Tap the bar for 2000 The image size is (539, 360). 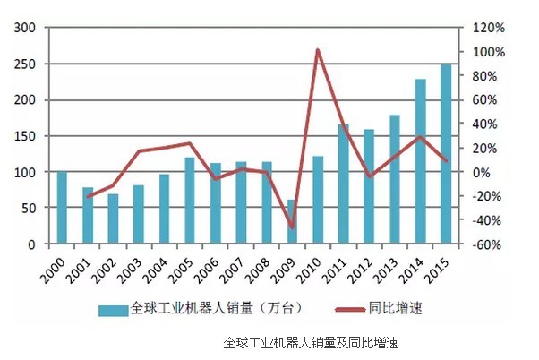(x=62, y=208)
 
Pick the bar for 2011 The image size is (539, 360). (x=343, y=184)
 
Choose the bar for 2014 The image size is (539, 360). (x=420, y=161)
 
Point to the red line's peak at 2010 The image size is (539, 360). (x=318, y=50)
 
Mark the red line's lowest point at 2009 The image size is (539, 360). (x=292, y=227)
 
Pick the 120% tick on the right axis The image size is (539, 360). (x=489, y=29)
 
